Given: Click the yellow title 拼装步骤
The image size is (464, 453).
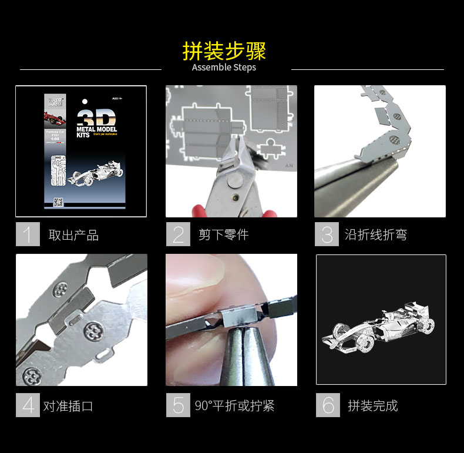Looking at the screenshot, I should (224, 51).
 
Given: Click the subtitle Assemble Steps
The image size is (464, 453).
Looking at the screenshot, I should (224, 68).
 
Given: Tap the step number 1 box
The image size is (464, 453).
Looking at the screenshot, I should (27, 234).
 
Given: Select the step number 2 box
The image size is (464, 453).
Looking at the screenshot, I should (178, 234).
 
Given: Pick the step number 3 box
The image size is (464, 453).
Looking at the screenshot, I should (327, 234).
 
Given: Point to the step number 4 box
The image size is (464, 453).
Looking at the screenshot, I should (27, 405).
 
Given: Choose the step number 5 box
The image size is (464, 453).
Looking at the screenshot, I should (178, 405).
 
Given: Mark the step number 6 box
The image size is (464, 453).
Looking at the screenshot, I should (328, 405).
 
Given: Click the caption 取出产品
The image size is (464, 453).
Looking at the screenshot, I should (73, 236).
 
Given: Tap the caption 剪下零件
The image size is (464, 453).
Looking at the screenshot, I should (223, 235).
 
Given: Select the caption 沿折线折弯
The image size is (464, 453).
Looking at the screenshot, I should (376, 235).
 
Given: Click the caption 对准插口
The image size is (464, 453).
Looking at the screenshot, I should (68, 406).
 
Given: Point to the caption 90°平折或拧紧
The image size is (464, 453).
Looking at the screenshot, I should (235, 406).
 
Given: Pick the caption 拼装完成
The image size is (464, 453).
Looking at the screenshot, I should (373, 406).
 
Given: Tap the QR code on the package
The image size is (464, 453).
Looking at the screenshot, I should (58, 202).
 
